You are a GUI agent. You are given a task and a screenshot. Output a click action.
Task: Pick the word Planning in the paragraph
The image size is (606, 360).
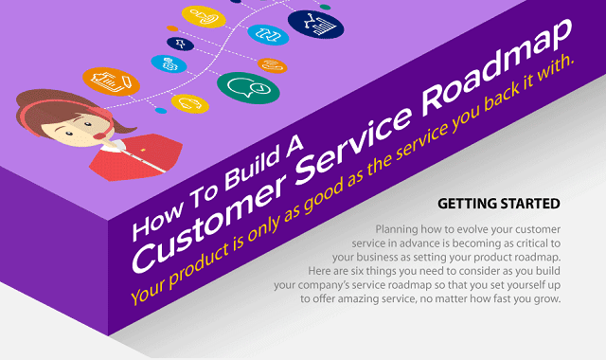tap(401, 230)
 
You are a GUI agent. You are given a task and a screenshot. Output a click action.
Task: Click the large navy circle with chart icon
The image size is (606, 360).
tap(314, 21)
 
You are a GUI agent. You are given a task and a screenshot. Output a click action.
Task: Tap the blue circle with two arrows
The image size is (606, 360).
tap(268, 34)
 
